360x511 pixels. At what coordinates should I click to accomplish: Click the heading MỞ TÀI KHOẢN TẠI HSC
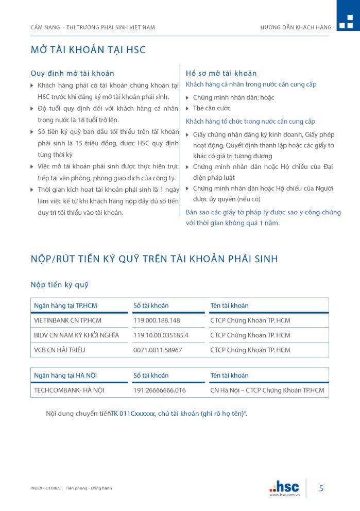(x=88, y=50)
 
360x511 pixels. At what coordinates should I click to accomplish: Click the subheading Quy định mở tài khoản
(x=72, y=73)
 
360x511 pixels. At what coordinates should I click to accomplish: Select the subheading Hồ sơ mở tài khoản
(x=221, y=73)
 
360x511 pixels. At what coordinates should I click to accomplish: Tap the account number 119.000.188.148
(x=157, y=320)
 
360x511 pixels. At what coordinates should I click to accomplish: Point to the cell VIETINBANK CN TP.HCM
(x=67, y=320)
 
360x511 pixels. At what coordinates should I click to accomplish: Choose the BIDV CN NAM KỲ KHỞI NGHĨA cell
(x=76, y=335)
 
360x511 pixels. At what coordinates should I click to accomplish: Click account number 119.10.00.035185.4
(x=161, y=335)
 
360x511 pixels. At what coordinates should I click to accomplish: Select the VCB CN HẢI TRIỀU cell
(x=59, y=350)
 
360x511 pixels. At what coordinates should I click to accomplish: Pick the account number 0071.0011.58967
(x=158, y=350)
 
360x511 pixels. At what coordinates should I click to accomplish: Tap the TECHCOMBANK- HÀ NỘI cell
(x=69, y=390)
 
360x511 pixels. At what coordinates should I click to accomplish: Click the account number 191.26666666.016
(x=159, y=390)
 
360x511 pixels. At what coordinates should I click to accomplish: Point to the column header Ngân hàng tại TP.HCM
(x=65, y=305)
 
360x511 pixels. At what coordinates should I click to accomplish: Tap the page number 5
(x=321, y=488)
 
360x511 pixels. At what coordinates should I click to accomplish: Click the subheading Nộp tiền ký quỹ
(x=59, y=285)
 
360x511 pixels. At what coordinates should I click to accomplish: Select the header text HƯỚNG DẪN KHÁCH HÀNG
(x=296, y=27)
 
